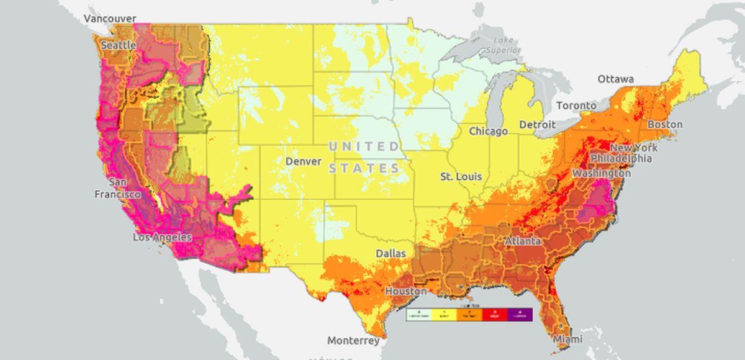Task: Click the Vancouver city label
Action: pos(110,19)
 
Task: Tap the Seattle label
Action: pos(118,45)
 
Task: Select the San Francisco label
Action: pos(117,188)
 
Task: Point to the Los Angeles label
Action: pos(163,237)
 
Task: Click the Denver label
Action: pos(304,161)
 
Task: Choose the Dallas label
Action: pos(391,253)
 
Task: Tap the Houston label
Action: pos(406,291)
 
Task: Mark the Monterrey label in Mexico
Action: pos(353,341)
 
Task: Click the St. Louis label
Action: pos(461,176)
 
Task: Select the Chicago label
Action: pos(488,131)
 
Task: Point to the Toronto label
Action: pos(576,106)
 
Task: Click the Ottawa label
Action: pos(615,79)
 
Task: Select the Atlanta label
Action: pos(522,241)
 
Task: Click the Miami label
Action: pos(567,339)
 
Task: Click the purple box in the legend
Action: pos(520,315)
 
